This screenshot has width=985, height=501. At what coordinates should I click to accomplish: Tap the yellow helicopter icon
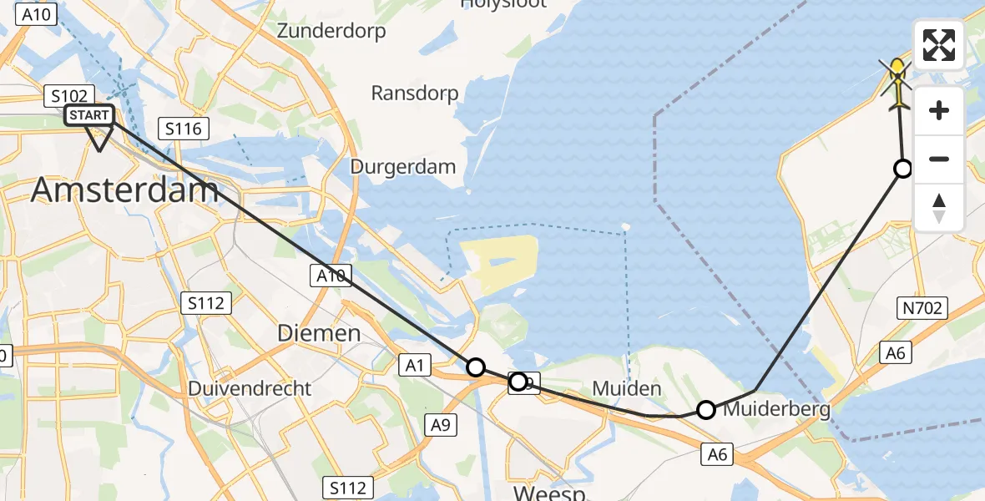tap(898, 84)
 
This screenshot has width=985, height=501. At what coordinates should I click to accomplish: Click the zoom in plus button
tap(939, 111)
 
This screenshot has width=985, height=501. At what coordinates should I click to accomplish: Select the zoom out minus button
tap(939, 159)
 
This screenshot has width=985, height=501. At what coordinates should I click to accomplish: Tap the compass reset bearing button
tap(939, 208)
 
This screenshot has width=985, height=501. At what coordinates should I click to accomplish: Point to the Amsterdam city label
tap(125, 190)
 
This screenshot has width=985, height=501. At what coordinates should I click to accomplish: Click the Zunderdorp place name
tap(331, 32)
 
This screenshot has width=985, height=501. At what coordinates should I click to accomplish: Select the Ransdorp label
tap(415, 93)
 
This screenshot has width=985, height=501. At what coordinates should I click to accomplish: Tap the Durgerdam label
tap(403, 166)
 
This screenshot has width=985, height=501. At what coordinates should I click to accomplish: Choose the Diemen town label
tap(319, 333)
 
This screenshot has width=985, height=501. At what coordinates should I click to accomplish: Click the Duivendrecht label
tap(250, 388)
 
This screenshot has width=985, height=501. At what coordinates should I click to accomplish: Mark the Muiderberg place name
tap(777, 409)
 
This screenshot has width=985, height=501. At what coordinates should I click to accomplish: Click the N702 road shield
tap(922, 309)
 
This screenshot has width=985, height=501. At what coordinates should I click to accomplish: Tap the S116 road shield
tap(183, 129)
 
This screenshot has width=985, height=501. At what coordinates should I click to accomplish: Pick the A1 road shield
tap(416, 363)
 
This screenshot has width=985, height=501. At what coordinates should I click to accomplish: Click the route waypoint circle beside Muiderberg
tap(706, 409)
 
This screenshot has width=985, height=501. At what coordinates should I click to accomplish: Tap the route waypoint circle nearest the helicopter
tap(902, 169)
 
